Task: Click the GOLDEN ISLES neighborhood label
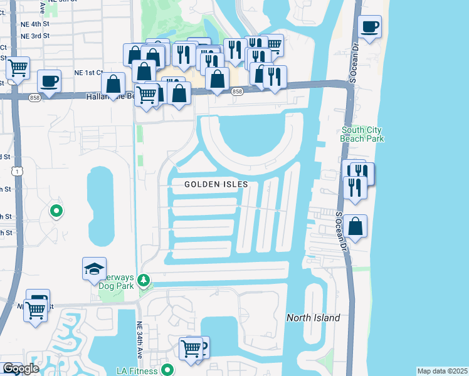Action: [217, 184]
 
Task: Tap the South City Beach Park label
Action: [362, 134]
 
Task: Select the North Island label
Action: [314, 318]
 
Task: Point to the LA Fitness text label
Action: [134, 370]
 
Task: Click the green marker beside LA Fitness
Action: [167, 370]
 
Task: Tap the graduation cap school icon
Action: [94, 269]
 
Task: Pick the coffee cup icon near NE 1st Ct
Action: [49, 81]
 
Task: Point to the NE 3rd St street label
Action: [35, 36]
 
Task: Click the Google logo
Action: [20, 368]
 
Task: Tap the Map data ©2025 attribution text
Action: [442, 371]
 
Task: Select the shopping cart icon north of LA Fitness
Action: [191, 347]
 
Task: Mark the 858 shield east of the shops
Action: [237, 91]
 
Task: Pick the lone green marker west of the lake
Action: [56, 211]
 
